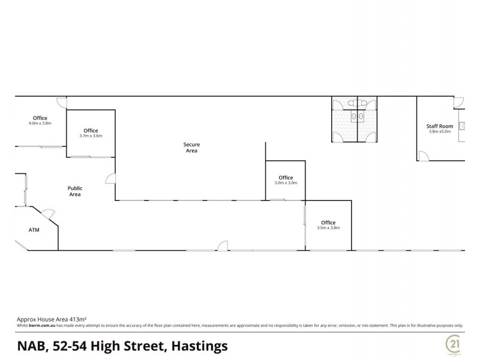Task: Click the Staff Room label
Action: tap(439, 126)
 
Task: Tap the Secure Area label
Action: tap(191, 148)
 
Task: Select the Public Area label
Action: tap(74, 191)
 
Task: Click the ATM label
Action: tap(34, 230)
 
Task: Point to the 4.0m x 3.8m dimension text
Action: tap(40, 123)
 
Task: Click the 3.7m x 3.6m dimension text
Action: tap(91, 136)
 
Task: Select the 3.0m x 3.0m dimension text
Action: tap(286, 183)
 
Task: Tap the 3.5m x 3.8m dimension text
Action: tap(328, 227)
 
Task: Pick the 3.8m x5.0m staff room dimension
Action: tap(439, 132)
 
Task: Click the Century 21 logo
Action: tap(452, 345)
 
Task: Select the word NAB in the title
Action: tap(31, 346)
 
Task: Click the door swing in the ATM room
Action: tap(47, 212)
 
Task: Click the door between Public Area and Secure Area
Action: tap(110, 178)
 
